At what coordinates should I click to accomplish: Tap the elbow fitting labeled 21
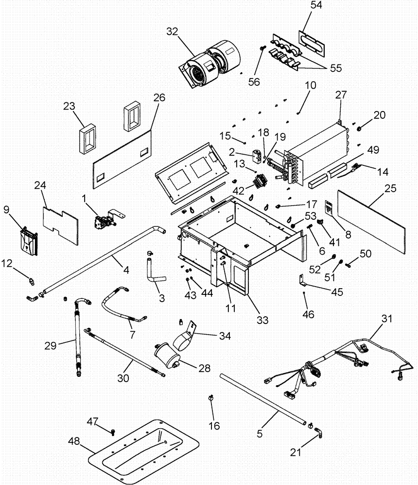pyautogui.click(x=318, y=431)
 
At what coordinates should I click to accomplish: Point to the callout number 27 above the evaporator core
pyautogui.click(x=340, y=96)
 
